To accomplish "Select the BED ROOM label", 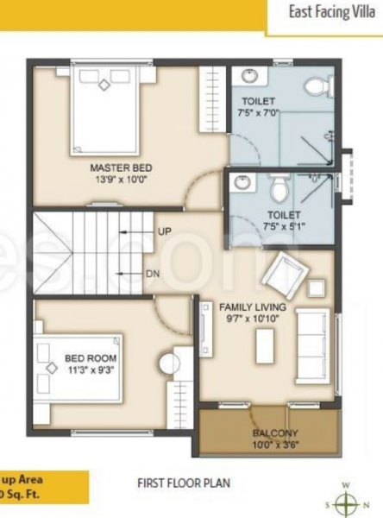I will pyautogui.click(x=91, y=358).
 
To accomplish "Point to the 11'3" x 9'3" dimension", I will pyautogui.click(x=91, y=370).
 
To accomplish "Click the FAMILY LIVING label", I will pyautogui.click(x=252, y=306).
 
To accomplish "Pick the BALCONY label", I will pyautogui.click(x=275, y=433).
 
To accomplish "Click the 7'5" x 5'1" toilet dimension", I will pyautogui.click(x=284, y=226).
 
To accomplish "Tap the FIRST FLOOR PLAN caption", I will pyautogui.click(x=184, y=483).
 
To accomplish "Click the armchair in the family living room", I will pyautogui.click(x=283, y=275).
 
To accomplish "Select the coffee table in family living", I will pyautogui.click(x=264, y=344).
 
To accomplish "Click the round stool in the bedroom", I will pyautogui.click(x=166, y=361).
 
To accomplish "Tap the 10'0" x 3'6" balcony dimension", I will pyautogui.click(x=275, y=445).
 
